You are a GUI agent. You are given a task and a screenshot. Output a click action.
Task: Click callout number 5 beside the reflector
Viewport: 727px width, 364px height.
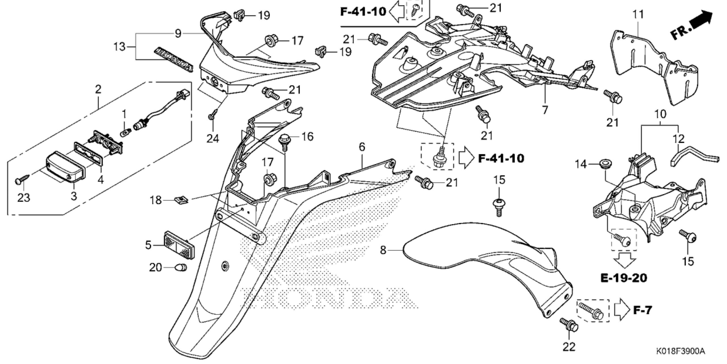tap(148, 245)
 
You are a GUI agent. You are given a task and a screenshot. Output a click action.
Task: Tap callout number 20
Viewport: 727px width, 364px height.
tap(156, 267)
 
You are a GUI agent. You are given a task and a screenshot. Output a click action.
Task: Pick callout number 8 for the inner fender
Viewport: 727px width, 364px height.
tap(383, 251)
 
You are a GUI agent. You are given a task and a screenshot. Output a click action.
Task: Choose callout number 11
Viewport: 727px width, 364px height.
tap(637, 14)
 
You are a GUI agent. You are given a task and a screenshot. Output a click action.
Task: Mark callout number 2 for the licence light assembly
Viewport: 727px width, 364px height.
tap(98, 90)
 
